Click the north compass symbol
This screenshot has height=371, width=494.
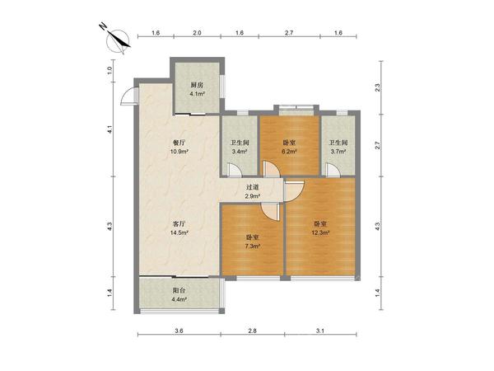coord(118,40)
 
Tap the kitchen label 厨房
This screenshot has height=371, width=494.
coord(198,85)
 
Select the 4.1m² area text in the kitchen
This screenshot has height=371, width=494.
coord(198,94)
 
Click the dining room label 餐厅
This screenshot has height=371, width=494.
coord(179,143)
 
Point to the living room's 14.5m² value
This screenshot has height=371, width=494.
coord(179,232)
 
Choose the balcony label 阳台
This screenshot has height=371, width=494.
coord(179,290)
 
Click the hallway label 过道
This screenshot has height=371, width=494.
coord(253,187)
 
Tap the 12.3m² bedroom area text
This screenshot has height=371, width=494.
coord(320,232)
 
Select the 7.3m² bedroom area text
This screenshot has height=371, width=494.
coord(253,246)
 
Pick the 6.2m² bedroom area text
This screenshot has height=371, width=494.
coord(289,152)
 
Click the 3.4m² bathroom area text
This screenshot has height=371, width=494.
coord(240,152)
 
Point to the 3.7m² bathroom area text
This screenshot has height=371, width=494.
coord(338,152)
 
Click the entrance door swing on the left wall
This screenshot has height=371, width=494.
coord(128,96)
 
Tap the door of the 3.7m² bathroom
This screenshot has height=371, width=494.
coord(333,170)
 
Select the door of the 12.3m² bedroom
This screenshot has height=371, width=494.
coord(294,191)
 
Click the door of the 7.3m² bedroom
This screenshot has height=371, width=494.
coord(270,211)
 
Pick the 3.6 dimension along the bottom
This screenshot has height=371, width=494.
coord(179,331)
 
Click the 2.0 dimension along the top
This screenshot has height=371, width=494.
coord(197,33)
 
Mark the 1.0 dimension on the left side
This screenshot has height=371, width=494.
coord(110,71)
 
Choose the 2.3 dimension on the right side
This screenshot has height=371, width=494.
coord(378,87)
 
